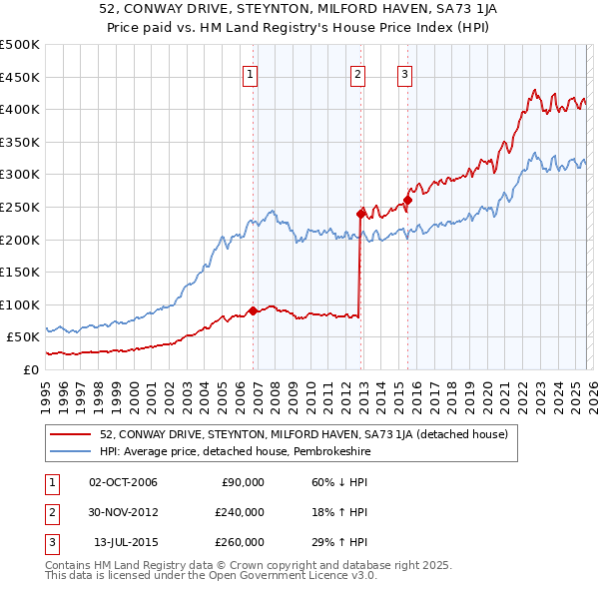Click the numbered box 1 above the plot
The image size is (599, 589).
point(250,72)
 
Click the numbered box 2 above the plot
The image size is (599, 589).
point(357,72)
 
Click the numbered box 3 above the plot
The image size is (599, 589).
point(404,72)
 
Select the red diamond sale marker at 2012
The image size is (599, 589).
point(360,213)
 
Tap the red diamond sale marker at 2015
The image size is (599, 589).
point(407,201)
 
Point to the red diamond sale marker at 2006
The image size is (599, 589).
point(253,310)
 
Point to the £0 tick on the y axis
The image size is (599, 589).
point(29,369)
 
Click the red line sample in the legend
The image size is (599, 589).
point(71,434)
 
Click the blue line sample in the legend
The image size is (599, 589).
point(71,451)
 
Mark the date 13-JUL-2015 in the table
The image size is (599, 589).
point(125,542)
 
